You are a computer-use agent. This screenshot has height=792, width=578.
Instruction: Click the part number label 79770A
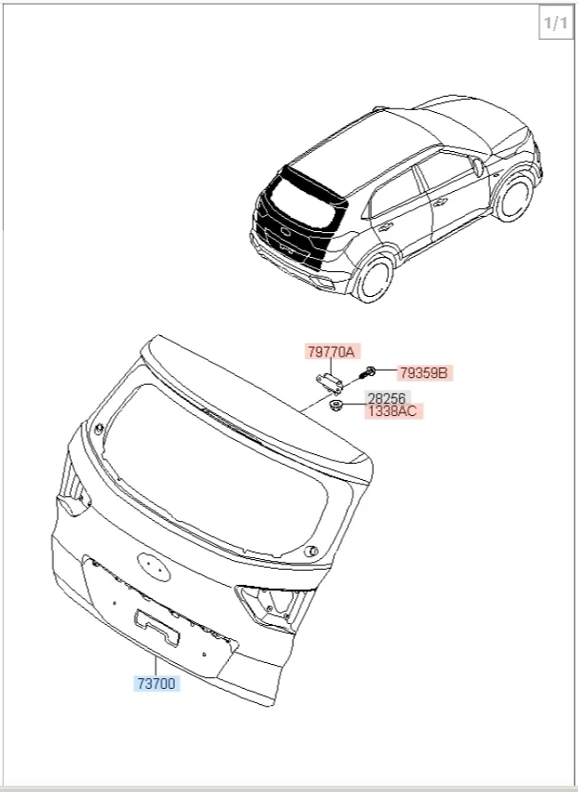coord(332,351)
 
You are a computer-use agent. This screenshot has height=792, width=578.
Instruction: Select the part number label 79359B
coord(424,372)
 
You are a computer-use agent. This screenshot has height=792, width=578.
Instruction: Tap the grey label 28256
coord(386,398)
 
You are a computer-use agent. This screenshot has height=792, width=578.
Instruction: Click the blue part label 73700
coord(156,684)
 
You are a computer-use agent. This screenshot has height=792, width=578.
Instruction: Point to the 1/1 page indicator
coord(556,23)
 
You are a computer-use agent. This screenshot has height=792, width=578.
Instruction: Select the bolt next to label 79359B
coord(368,373)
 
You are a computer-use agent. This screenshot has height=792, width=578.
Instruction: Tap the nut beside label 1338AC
coord(336,404)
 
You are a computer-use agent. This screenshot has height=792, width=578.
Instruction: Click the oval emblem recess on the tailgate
coord(154,566)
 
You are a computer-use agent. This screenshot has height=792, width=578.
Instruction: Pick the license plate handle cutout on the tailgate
coord(156,628)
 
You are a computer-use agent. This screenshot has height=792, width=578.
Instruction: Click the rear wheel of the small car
coord(375,279)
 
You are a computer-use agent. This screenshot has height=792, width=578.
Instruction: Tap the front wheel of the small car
coord(514,197)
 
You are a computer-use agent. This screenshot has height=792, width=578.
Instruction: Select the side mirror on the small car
coord(477,167)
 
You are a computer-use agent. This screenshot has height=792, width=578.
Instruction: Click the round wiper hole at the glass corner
coord(311,550)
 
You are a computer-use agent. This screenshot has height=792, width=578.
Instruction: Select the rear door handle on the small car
coord(386,227)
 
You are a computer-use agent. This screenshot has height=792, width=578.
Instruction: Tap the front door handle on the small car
coord(440,203)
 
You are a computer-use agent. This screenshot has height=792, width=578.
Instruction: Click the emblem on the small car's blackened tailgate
coord(286,232)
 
